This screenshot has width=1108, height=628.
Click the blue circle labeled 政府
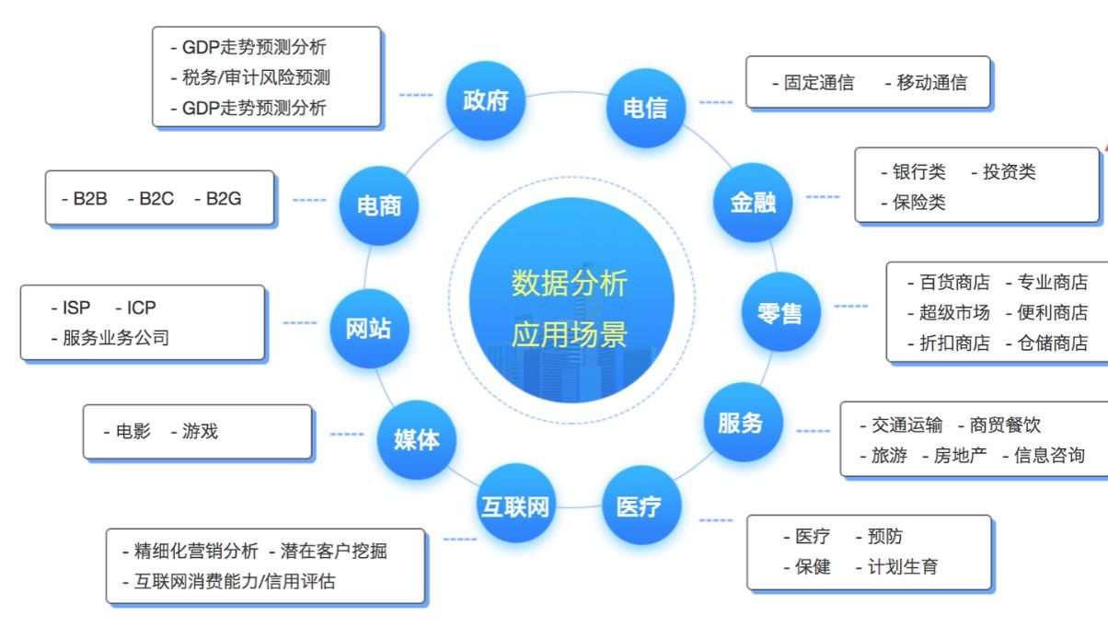pos(485,100)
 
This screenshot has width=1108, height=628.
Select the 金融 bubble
pos(753,203)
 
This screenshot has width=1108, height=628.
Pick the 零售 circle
pos(779,312)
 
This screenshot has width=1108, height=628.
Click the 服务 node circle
pos(741,423)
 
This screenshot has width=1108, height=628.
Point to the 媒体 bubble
pos(416,439)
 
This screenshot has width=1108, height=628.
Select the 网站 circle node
pos(368,329)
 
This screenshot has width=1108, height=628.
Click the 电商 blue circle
pos(378,204)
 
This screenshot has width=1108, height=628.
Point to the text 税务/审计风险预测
pos(256,77)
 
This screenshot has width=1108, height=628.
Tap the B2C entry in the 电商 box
pos(156,198)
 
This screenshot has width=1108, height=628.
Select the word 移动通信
pos(931,83)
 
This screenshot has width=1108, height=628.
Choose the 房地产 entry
pos(960,455)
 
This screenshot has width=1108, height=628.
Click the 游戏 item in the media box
pos(200,431)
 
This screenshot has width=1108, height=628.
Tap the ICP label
pos(142,308)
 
